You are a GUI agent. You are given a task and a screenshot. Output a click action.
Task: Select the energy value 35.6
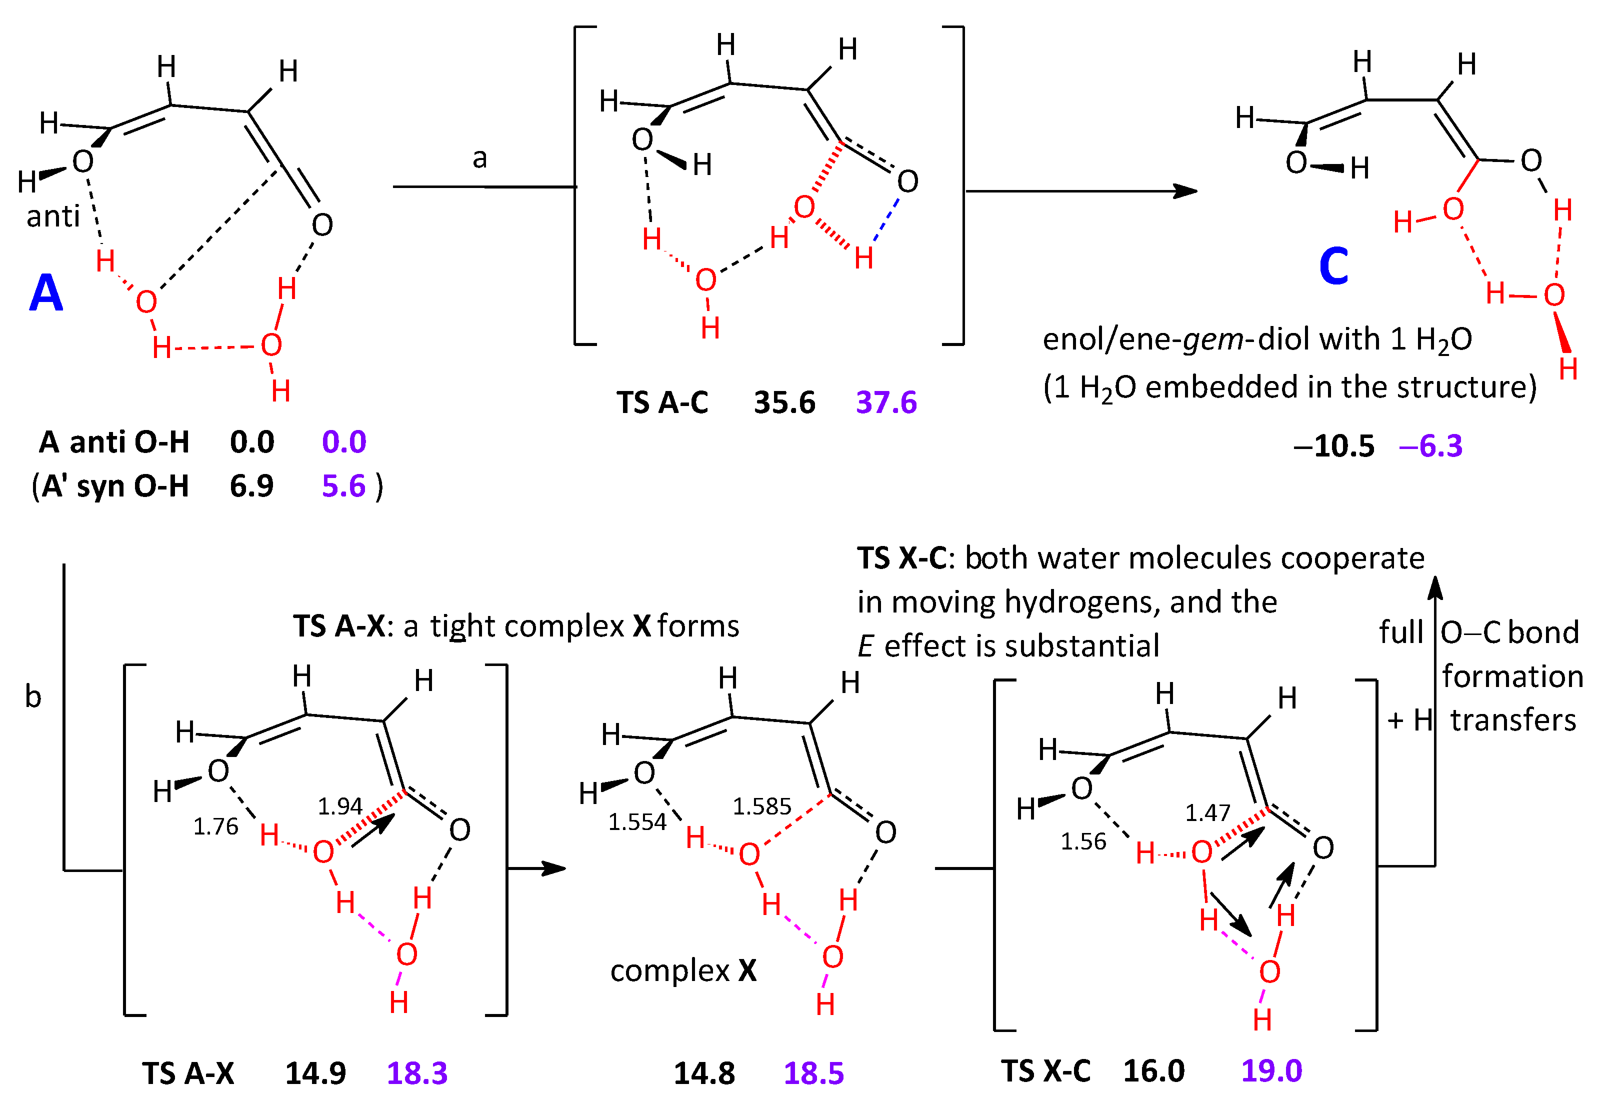[x=784, y=402]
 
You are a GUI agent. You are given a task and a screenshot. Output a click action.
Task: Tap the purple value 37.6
[x=886, y=402]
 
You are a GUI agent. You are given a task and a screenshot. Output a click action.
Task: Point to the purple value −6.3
[x=1430, y=446]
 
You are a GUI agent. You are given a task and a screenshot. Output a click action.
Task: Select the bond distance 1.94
[x=339, y=806]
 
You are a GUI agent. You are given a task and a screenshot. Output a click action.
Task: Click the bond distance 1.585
[x=761, y=806]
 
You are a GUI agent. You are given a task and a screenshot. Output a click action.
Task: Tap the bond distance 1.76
[x=215, y=826]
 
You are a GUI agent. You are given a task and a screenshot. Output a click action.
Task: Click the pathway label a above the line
[x=479, y=158]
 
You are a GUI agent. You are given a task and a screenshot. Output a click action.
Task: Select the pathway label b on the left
[x=32, y=696]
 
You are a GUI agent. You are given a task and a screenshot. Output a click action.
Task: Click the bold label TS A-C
[x=662, y=402]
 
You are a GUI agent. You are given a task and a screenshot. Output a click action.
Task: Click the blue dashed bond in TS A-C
[x=886, y=219]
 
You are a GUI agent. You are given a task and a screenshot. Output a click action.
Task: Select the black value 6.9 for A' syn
[x=251, y=486]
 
